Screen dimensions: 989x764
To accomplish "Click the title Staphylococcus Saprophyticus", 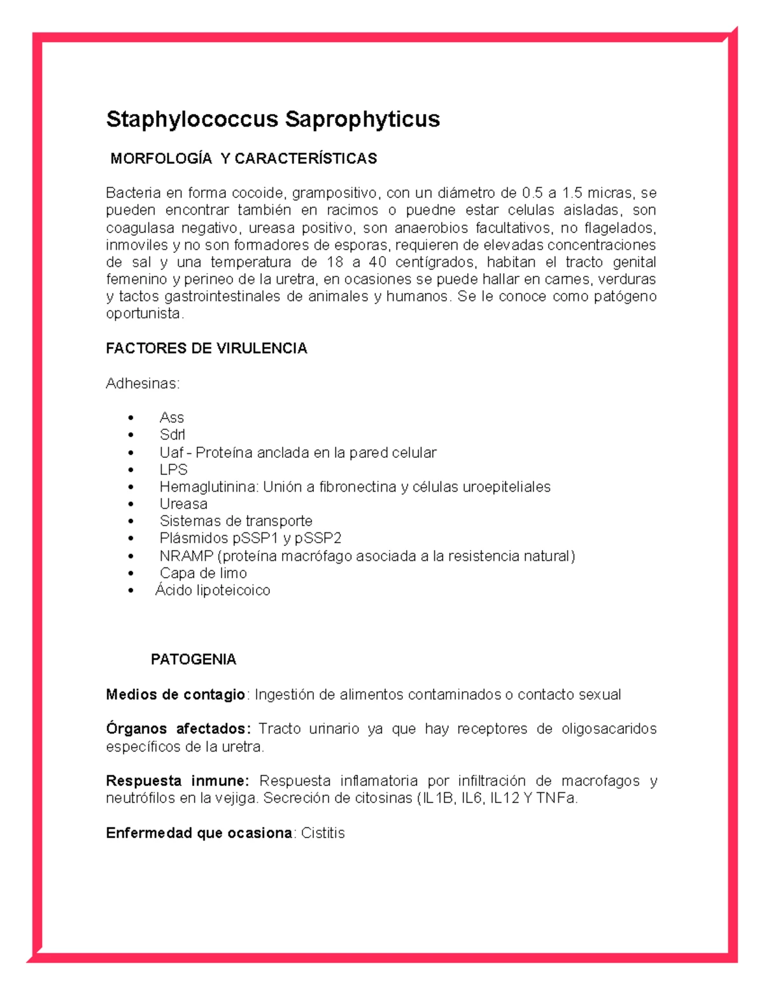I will [x=272, y=119].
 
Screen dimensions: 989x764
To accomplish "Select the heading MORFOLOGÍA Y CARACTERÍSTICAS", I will [x=243, y=159].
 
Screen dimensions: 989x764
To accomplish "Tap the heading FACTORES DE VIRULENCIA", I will [x=206, y=348].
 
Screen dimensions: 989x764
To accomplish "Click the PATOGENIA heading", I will [x=193, y=659].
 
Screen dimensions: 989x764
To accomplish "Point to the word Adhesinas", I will [x=142, y=383].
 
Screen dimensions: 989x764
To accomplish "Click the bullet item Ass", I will [x=171, y=418].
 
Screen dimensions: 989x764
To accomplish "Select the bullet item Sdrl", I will [x=172, y=435].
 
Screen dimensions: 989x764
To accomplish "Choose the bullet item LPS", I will [x=173, y=470].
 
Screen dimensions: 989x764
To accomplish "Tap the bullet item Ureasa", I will [x=183, y=504].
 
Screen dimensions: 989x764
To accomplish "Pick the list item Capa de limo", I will [x=203, y=573].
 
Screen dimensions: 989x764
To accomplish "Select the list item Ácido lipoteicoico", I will [x=213, y=590].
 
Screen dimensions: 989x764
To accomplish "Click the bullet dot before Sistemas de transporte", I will [x=131, y=522].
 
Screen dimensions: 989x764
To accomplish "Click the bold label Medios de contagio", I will [x=175, y=694].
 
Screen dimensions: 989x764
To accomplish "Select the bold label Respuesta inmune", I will [x=177, y=781].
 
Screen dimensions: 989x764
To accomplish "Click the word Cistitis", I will [x=323, y=833].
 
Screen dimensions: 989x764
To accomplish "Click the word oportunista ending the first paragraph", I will [x=144, y=314].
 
